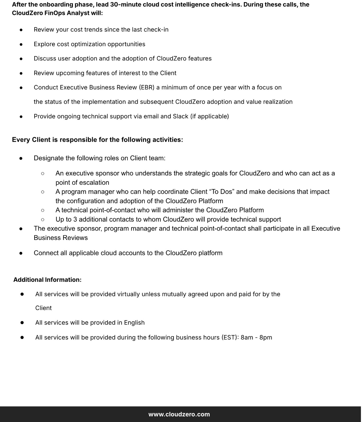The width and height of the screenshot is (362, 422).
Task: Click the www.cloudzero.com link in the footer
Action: [x=179, y=414]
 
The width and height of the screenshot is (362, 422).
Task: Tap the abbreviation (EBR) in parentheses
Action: [x=147, y=87]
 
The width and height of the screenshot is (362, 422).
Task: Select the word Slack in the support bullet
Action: [x=180, y=116]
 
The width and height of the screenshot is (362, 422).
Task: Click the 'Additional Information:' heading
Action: [x=47, y=280]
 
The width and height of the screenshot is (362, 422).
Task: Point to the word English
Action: [x=134, y=322]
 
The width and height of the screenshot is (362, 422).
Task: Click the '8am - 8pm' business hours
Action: [x=256, y=337]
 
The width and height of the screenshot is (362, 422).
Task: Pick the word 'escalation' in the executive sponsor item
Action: [x=96, y=183]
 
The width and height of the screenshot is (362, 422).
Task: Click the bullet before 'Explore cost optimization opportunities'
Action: [x=21, y=44]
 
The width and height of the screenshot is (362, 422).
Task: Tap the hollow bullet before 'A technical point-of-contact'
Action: [x=42, y=210]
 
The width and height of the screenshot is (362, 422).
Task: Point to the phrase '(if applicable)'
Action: [x=209, y=116]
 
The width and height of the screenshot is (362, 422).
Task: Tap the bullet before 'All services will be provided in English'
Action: [x=22, y=323]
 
